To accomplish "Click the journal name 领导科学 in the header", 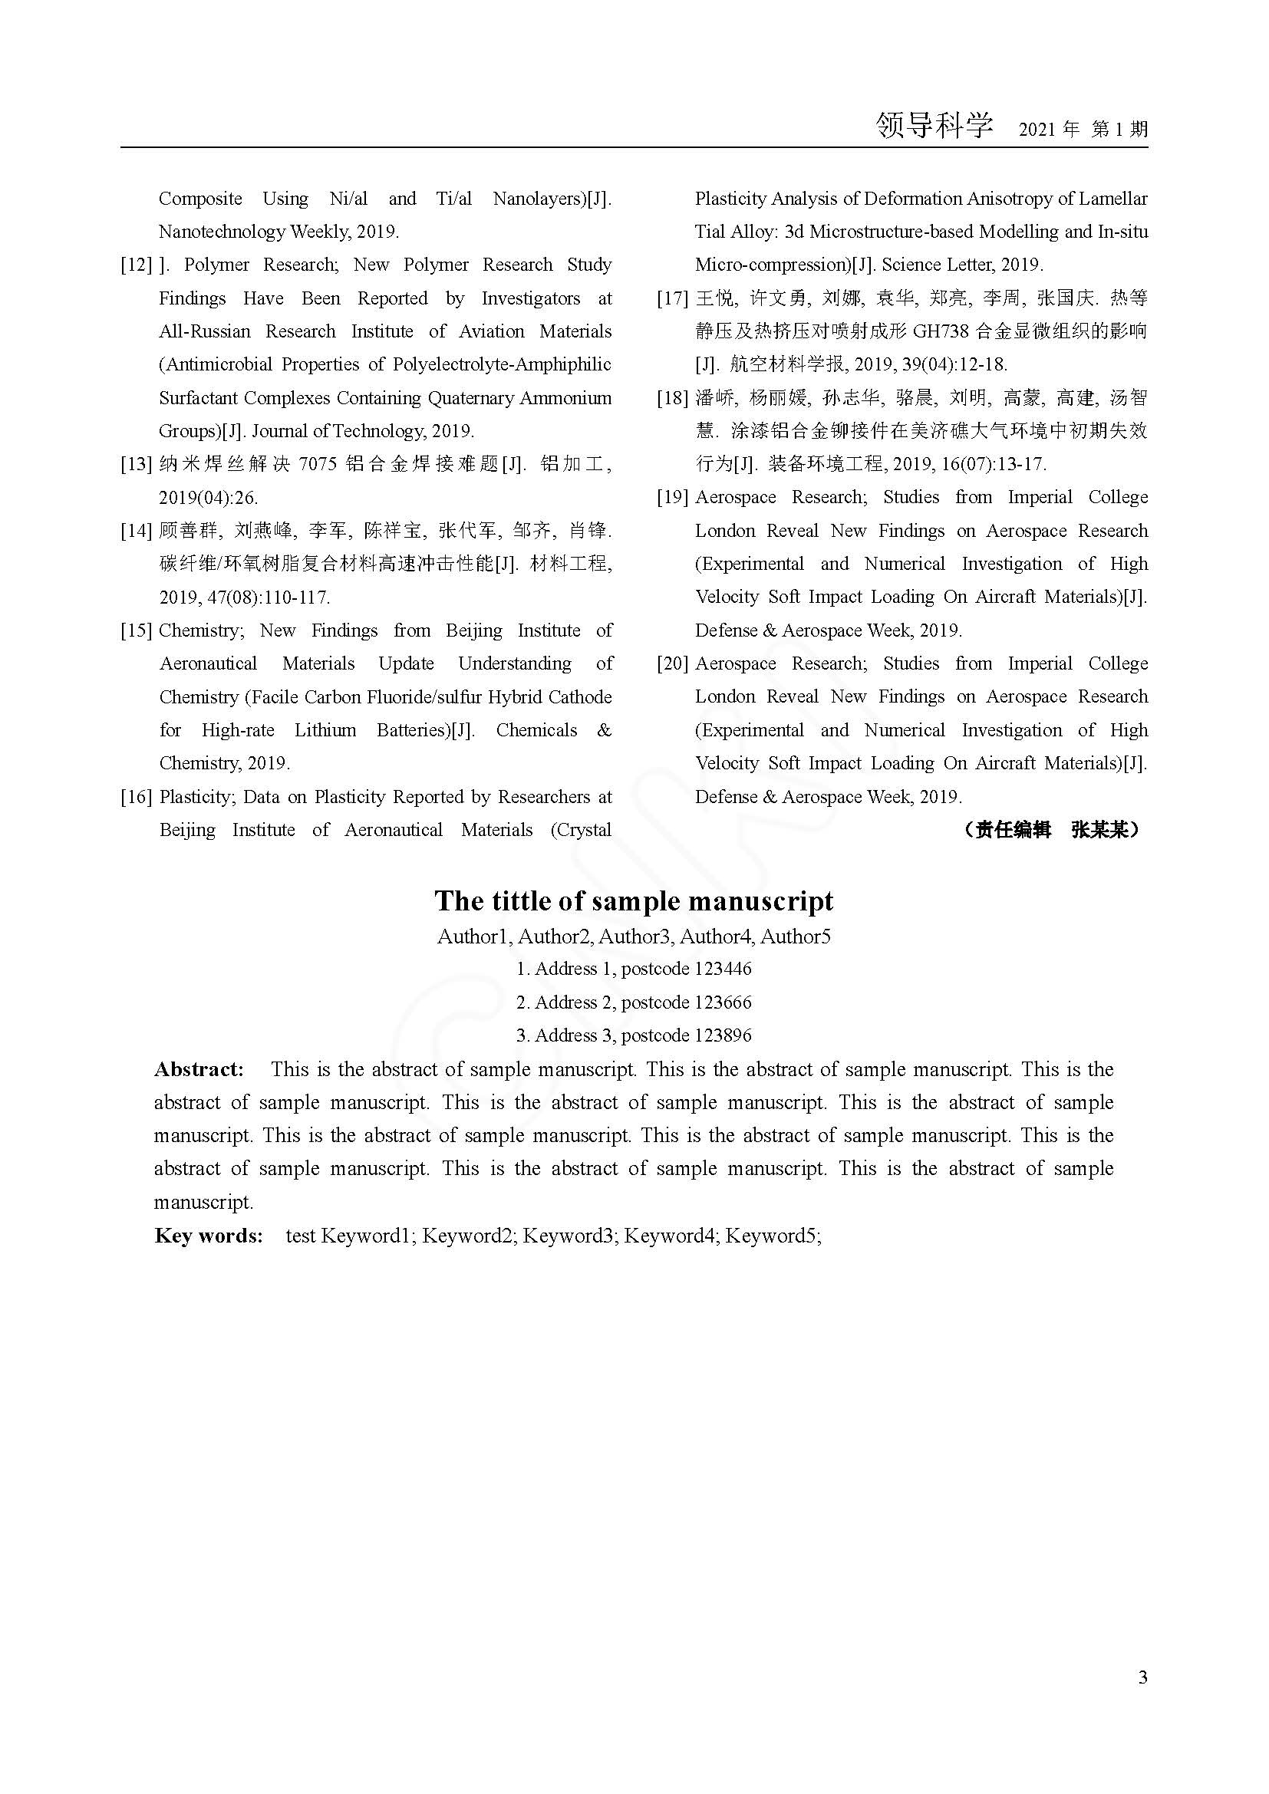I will pos(934,125).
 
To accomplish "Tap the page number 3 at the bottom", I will pos(1143,1677).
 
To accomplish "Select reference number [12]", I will pos(136,265).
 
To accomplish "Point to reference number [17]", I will pos(672,298).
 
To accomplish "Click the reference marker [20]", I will pos(672,663).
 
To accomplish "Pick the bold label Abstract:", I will pos(199,1070).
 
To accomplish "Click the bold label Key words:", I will pos(209,1236).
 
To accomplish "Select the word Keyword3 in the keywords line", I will pos(567,1236).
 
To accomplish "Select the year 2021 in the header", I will pos(1038,130).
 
